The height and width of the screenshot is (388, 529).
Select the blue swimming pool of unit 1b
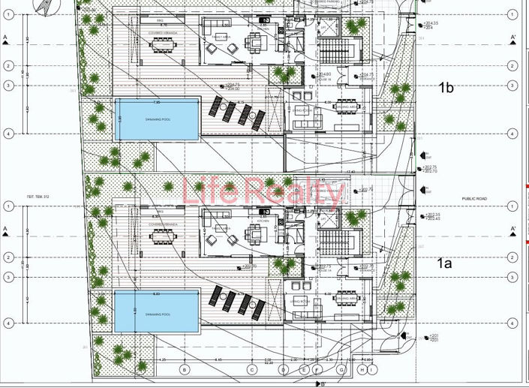(x=157, y=119)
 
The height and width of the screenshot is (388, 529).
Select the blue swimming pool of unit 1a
(x=156, y=312)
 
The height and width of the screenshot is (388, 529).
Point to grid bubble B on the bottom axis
(x=185, y=369)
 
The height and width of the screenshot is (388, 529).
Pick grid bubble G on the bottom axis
(x=341, y=369)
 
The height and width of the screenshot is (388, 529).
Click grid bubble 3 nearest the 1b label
(x=511, y=86)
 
